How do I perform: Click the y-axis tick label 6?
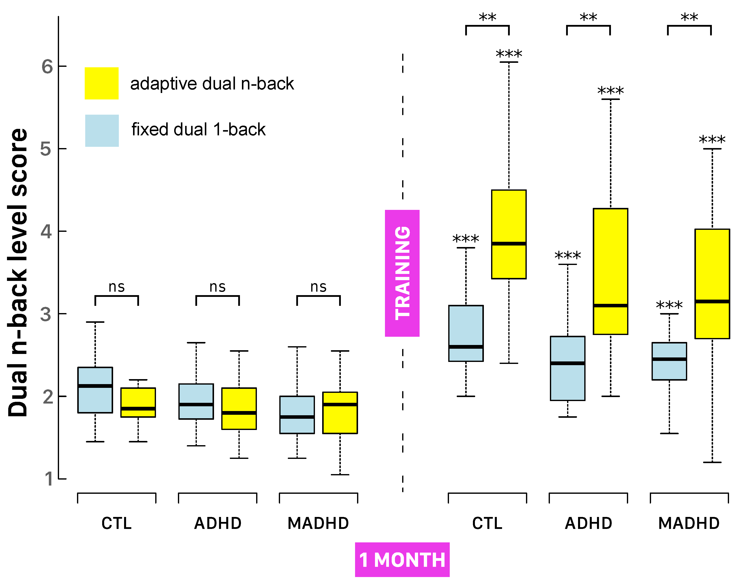point(47,66)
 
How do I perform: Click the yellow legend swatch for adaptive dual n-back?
point(102,84)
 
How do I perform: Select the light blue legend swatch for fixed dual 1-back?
point(102,131)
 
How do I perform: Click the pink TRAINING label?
point(402,273)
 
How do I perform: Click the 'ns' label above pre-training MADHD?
point(318,287)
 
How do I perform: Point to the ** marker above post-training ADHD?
point(589,17)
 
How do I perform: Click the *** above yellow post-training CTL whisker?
point(509,54)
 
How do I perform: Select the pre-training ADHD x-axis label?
point(218,523)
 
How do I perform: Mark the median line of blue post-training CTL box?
point(466,347)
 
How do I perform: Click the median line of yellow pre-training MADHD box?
point(340,405)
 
